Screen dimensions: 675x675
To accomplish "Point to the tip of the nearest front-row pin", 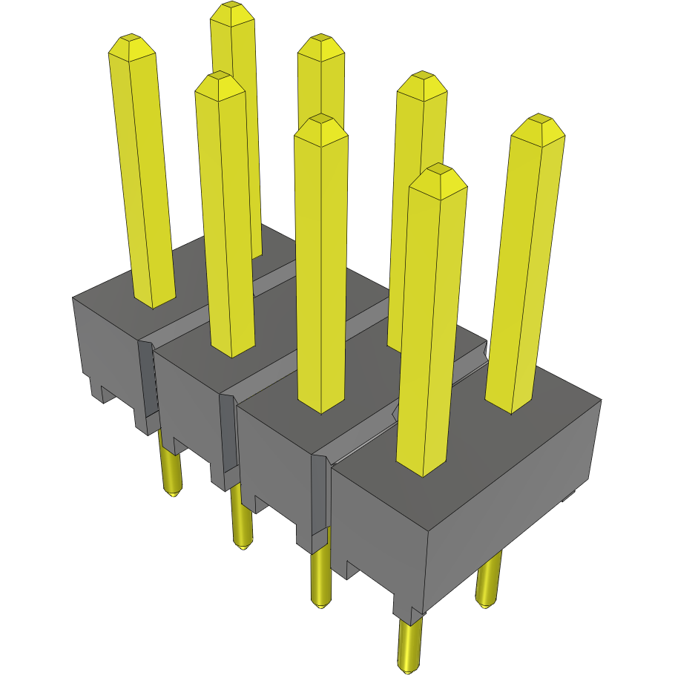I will click(x=438, y=170).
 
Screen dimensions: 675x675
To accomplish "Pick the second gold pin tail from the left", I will click(x=241, y=519).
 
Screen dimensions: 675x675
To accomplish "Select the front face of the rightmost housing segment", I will click(x=378, y=534).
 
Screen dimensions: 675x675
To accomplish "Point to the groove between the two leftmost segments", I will click(x=148, y=378).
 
